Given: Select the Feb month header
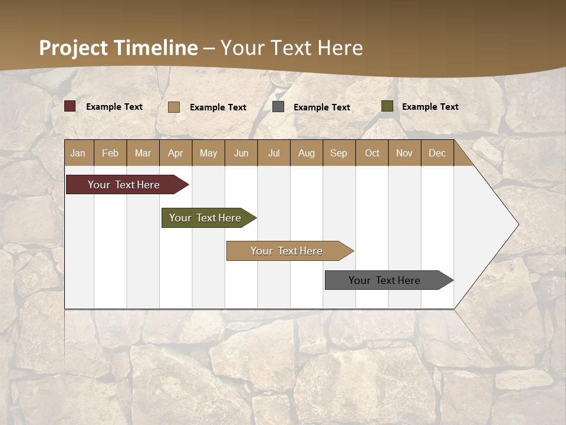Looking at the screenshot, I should tap(110, 153).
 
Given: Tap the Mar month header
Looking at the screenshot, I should tap(143, 153).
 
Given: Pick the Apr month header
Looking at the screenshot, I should tap(176, 153).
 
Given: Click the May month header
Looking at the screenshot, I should tap(208, 153).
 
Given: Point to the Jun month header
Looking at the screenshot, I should tap(241, 153).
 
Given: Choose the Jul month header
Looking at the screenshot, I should tap(274, 153).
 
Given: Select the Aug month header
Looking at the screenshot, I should tap(307, 153).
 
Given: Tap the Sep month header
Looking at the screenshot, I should tap(339, 153).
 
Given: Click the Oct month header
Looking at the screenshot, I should tap(372, 153).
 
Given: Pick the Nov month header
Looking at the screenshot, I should tap(404, 153).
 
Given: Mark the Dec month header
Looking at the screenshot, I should tap(437, 153).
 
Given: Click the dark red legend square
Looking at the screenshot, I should tap(70, 106).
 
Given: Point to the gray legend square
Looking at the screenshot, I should tap(278, 107).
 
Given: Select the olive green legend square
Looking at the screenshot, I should tap(387, 106).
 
